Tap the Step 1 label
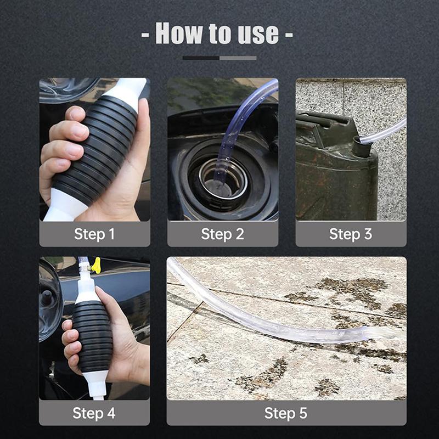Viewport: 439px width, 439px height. pos(94,234)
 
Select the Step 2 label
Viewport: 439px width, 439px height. pos(222,234)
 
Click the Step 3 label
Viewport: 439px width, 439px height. pos(351,234)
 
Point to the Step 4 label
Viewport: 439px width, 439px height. pos(94,413)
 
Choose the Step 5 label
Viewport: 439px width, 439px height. pos(286,413)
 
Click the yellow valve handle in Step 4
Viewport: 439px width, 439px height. pos(97,266)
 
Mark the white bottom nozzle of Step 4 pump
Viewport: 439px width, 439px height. pos(97,384)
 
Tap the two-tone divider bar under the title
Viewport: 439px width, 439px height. pos(219,58)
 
